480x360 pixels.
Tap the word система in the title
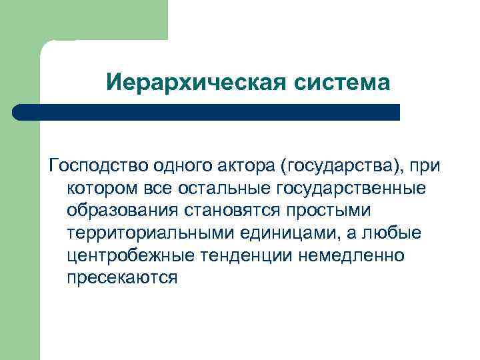coord(341,83)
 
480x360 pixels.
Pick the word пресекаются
coord(122,279)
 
